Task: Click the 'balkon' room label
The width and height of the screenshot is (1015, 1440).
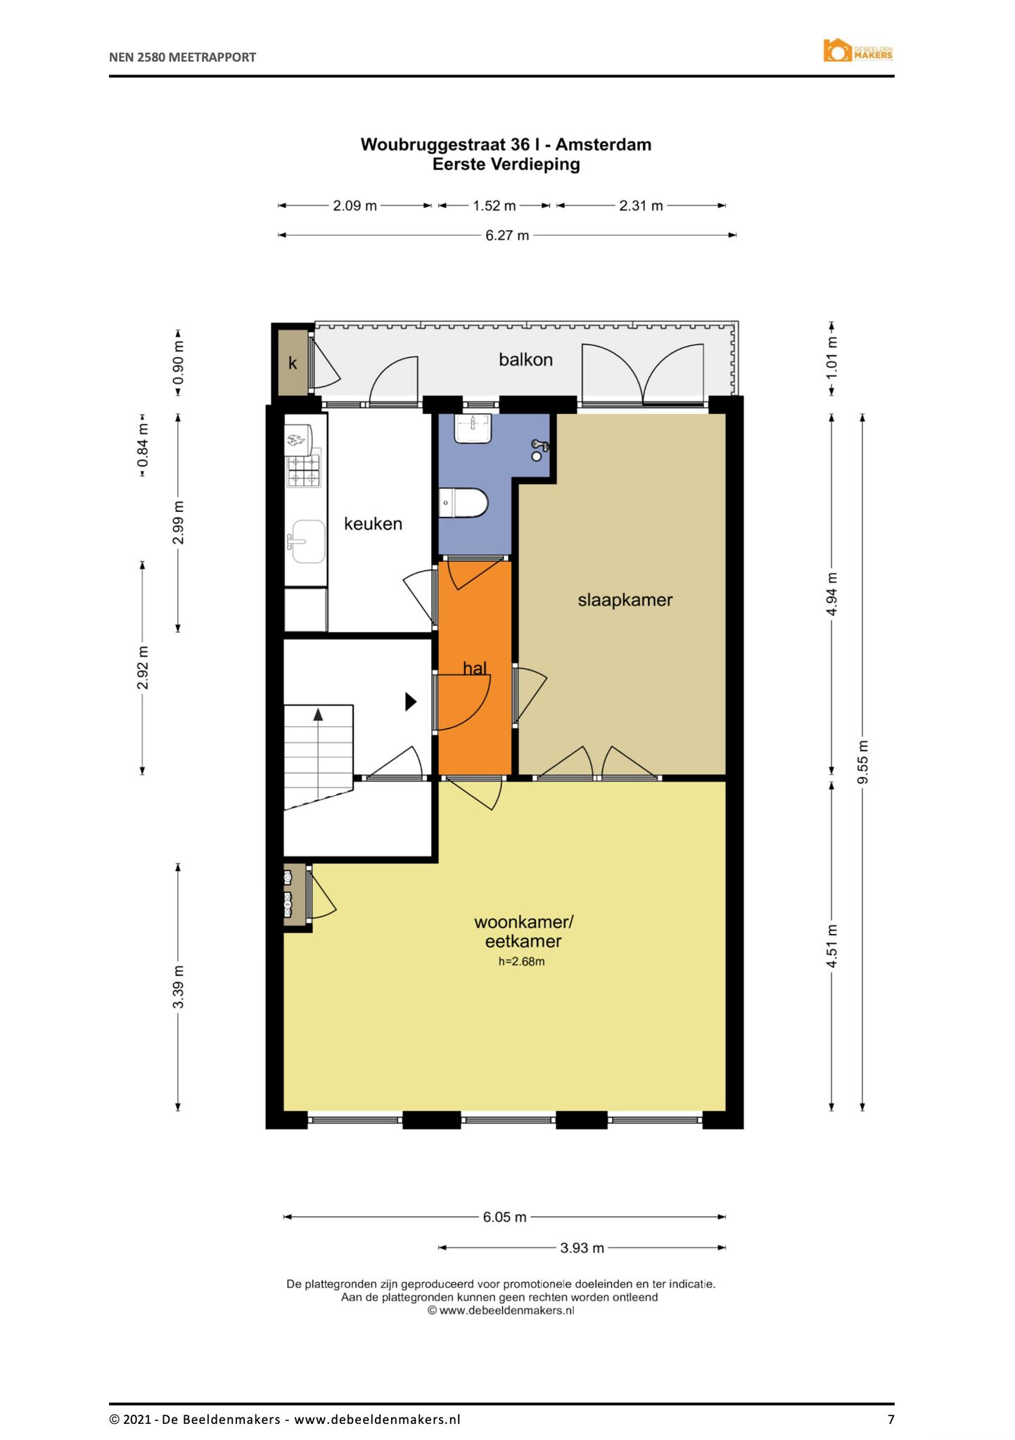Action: click(x=525, y=360)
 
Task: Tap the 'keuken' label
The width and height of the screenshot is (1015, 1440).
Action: click(x=373, y=524)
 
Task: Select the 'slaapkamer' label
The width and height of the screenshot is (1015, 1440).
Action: click(x=625, y=600)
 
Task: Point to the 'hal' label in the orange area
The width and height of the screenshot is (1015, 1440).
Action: click(x=475, y=668)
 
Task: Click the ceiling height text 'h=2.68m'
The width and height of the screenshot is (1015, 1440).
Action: click(x=521, y=962)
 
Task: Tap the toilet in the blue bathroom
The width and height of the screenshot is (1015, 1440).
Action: click(x=463, y=503)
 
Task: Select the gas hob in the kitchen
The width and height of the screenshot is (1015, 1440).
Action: click(x=303, y=470)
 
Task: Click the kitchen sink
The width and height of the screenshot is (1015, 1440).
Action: click(x=306, y=541)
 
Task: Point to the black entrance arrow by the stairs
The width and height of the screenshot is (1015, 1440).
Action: click(x=411, y=702)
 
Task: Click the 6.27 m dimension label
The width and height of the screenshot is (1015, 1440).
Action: click(x=507, y=236)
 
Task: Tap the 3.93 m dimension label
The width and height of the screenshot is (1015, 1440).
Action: click(x=582, y=1248)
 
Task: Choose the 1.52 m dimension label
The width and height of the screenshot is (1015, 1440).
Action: click(x=494, y=206)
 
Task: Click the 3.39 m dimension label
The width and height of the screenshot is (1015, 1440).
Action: click(x=179, y=987)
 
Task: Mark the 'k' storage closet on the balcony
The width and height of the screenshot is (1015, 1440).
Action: click(x=293, y=363)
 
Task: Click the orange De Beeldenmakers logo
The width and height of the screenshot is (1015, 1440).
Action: click(x=858, y=51)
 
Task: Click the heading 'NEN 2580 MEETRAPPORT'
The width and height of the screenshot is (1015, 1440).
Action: click(x=182, y=58)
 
